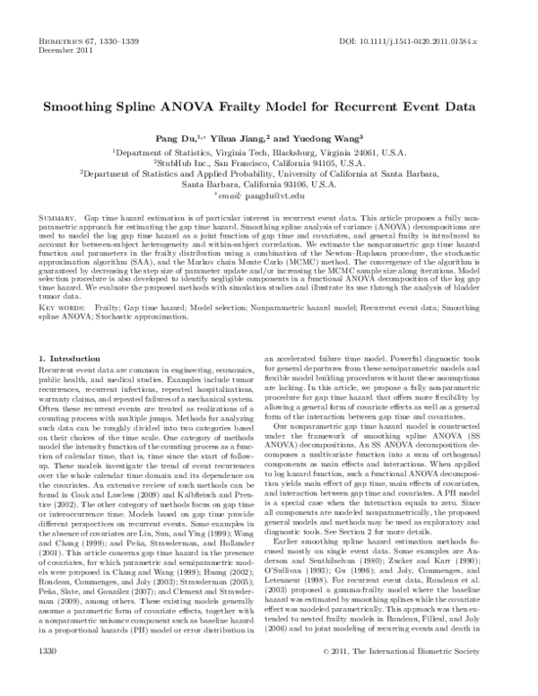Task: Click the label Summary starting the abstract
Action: click(58, 218)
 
